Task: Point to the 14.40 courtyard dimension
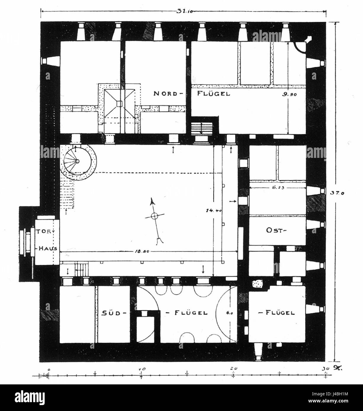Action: tap(214, 210)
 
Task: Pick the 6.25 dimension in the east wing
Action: tap(277, 187)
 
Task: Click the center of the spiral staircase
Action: tap(78, 161)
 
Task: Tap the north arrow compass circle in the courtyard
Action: tap(154, 216)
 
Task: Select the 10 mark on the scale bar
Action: tap(141, 369)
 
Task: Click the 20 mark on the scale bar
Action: tap(234, 369)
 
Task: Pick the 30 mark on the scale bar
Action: tap(325, 369)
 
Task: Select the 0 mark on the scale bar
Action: tap(49, 369)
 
